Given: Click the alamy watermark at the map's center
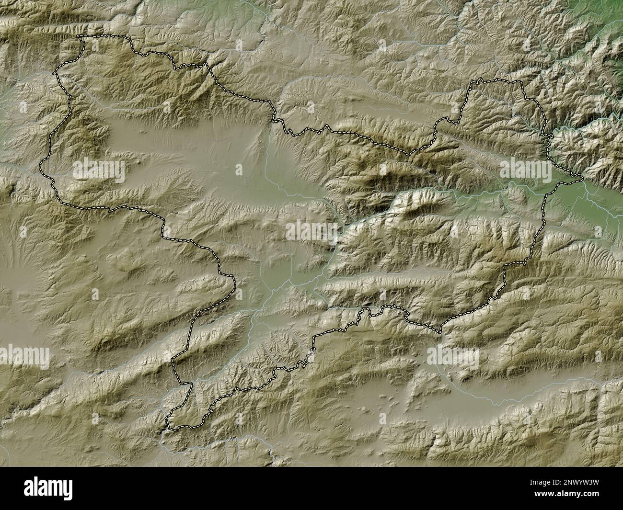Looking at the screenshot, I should [311, 231].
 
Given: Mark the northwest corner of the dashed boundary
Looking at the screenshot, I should [79, 36].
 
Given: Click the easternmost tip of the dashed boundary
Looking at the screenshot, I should [582, 179].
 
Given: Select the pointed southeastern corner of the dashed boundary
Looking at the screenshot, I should [440, 332].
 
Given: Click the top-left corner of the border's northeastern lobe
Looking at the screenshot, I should [472, 81].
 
